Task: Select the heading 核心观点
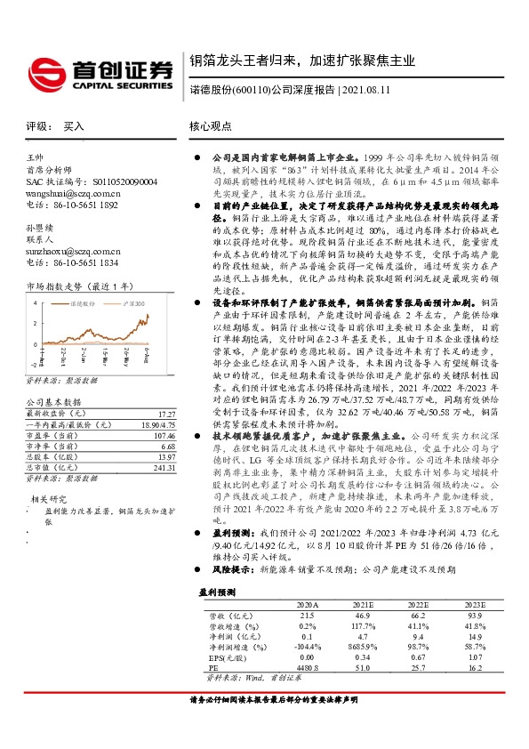tap(209, 127)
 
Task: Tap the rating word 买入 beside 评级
tap(73, 127)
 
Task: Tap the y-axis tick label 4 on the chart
tap(33, 302)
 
